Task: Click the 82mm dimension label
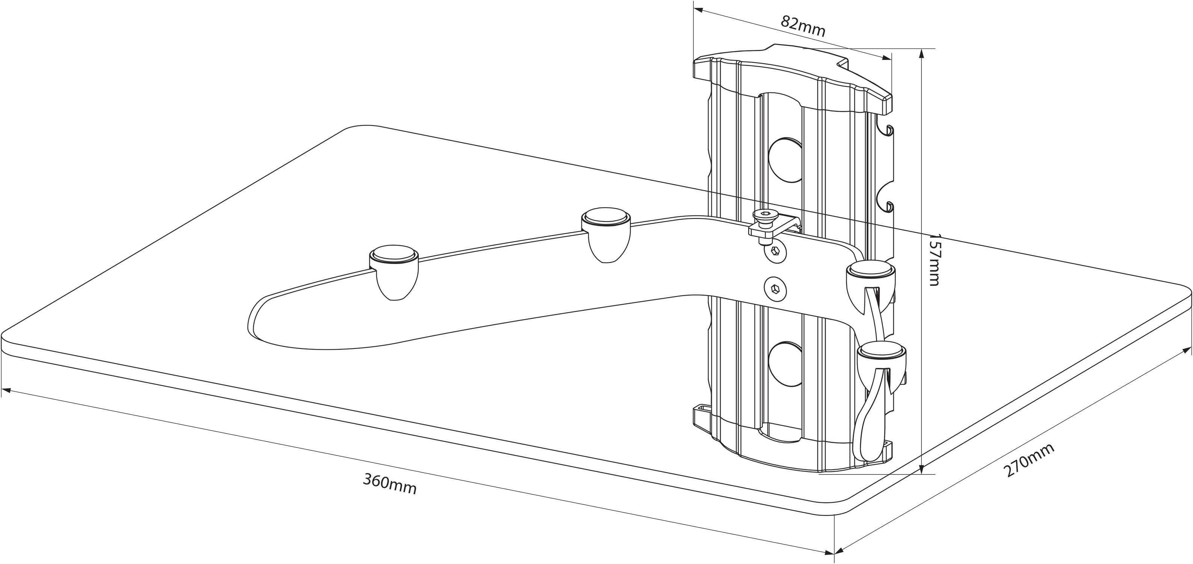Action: [803, 27]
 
